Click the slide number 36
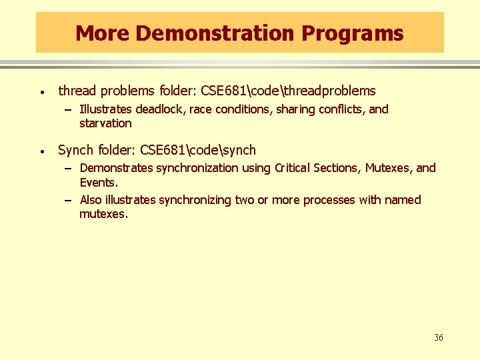[x=438, y=338]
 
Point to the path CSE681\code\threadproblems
[x=288, y=91]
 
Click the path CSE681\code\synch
[x=198, y=150]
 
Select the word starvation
[x=105, y=123]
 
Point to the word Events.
[x=99, y=182]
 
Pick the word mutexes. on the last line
[x=103, y=214]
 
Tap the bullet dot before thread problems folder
[x=42, y=92]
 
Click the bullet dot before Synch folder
[x=42, y=151]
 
